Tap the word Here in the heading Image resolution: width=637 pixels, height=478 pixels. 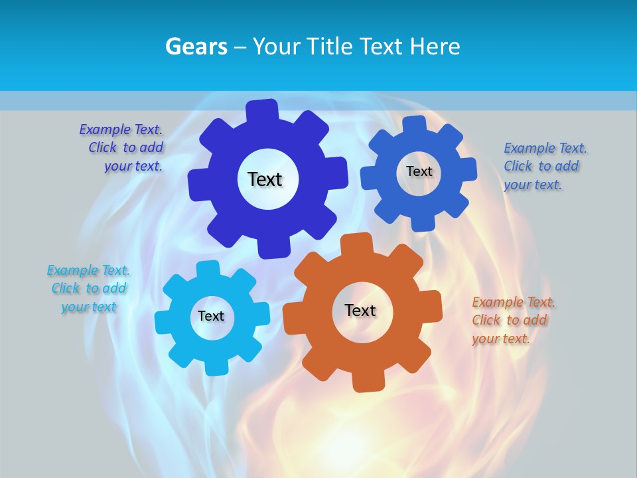(x=435, y=46)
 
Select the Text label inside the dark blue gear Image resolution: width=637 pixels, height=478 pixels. (x=265, y=179)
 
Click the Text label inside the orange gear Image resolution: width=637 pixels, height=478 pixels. (x=360, y=310)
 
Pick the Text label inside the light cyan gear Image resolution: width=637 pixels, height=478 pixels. (x=211, y=316)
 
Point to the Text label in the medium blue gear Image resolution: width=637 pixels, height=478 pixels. (x=419, y=171)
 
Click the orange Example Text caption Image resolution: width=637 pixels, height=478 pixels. (x=513, y=320)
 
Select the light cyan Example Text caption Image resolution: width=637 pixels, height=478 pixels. (x=88, y=288)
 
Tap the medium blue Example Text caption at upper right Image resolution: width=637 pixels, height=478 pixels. (x=544, y=166)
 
